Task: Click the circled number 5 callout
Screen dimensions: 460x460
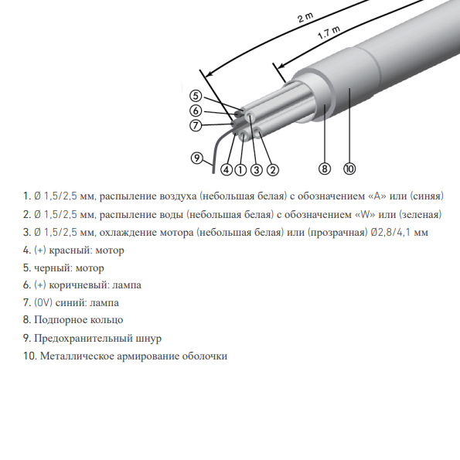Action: point(196,96)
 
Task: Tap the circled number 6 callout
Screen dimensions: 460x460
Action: point(196,111)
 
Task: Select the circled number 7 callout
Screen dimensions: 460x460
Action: point(196,125)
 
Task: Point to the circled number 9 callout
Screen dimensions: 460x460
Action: point(197,158)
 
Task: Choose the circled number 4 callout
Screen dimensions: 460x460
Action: point(227,169)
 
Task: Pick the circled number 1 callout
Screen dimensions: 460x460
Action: point(240,169)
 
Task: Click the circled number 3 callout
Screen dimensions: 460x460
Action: point(257,169)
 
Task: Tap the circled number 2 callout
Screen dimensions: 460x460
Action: point(273,169)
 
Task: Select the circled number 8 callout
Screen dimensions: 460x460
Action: point(325,169)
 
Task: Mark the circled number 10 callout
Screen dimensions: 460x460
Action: point(349,169)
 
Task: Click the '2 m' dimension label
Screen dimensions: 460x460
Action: point(305,17)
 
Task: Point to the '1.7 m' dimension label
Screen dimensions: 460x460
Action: point(329,32)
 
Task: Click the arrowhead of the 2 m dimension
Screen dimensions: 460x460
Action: point(209,74)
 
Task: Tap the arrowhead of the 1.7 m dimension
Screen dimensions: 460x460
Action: point(280,66)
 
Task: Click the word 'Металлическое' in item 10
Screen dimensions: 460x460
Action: point(77,356)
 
